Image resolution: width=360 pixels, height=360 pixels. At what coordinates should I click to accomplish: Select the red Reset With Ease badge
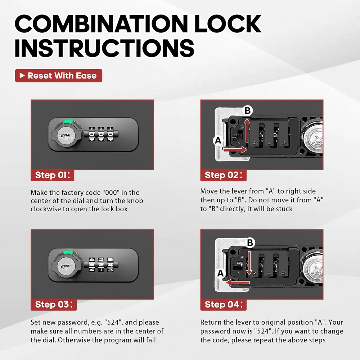click(x=59, y=76)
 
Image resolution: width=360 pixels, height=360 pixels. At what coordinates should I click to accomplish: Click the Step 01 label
click(x=54, y=175)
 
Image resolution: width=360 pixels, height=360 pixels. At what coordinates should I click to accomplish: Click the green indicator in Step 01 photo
click(x=67, y=122)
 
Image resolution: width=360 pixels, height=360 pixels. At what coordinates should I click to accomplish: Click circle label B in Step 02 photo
click(x=247, y=111)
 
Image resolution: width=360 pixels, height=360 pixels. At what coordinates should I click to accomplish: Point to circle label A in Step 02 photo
click(x=217, y=141)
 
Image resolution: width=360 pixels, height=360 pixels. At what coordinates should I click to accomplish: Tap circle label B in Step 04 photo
click(x=250, y=243)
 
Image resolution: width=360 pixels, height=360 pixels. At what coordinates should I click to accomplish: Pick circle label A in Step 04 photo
click(x=221, y=274)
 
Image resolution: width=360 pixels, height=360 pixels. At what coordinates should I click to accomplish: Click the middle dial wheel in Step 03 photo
click(x=101, y=265)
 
